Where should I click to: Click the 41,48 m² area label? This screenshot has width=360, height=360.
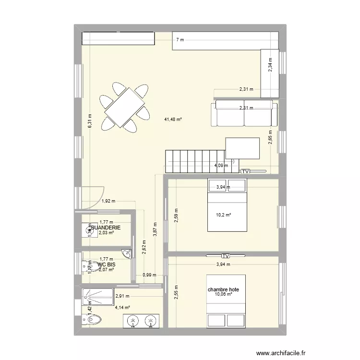tap(173, 119)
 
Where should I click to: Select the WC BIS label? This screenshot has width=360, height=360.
tap(106, 264)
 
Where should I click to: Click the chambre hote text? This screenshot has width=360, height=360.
tap(223, 290)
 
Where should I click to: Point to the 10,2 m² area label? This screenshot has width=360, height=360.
tap(223, 215)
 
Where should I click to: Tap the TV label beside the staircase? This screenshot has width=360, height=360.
tap(245, 171)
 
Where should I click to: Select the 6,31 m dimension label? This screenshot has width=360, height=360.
tap(89, 120)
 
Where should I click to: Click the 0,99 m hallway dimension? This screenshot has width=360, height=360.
tap(150, 275)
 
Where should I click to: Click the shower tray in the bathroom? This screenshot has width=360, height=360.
tap(98, 296)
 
